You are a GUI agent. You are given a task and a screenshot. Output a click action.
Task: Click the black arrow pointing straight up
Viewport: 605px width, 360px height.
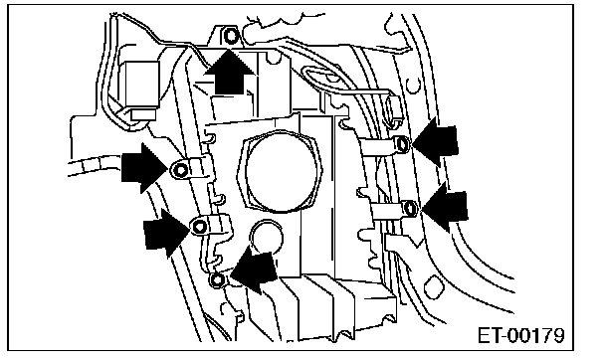coord(230,72)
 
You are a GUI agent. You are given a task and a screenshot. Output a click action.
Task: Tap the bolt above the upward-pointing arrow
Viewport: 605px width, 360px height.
coord(231,36)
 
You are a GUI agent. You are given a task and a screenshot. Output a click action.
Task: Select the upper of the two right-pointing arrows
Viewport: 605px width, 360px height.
coord(145,168)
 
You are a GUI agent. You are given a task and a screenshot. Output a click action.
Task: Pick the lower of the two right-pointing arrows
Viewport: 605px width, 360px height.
coord(167,233)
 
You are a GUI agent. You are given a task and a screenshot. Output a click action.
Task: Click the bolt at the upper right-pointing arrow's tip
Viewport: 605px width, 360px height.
coord(180,170)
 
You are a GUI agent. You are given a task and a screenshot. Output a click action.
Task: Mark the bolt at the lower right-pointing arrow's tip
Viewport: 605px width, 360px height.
coord(199,227)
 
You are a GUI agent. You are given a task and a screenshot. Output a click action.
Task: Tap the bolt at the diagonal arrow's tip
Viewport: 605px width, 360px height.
coord(218,279)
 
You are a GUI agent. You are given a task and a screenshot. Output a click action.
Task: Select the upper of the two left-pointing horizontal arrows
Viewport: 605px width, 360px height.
coord(435,142)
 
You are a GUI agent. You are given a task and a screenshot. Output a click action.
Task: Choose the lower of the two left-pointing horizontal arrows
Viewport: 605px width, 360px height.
coord(445,207)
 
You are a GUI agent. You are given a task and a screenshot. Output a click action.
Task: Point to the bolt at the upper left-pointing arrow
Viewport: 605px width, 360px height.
coord(402,144)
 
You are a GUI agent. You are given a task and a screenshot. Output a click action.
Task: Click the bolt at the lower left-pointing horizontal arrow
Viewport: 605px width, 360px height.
coord(410,209)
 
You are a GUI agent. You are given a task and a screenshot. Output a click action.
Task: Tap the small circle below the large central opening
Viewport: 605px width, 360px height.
coord(267,236)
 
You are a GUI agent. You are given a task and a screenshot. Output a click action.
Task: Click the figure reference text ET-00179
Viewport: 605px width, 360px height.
coord(520,335)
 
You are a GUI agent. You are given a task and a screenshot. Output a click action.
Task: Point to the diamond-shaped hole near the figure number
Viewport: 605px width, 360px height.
coord(433,287)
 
